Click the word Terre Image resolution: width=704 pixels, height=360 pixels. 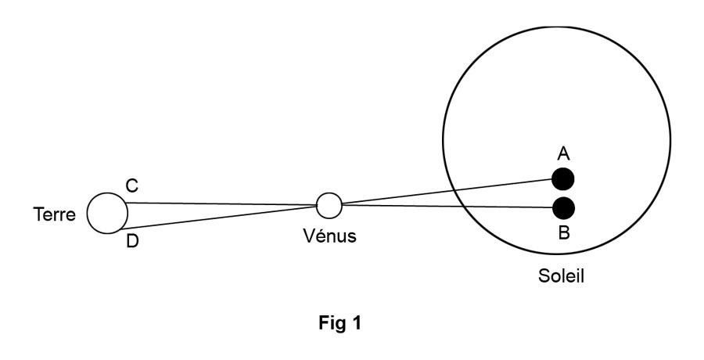point(54,214)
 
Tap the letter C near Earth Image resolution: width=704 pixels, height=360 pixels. point(132,185)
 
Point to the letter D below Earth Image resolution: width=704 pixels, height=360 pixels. point(132,242)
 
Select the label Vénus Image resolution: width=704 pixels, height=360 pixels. point(329,236)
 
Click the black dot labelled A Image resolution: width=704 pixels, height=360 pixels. point(563,179)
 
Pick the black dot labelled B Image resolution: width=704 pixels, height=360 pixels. point(563,208)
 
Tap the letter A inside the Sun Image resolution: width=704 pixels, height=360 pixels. point(563,154)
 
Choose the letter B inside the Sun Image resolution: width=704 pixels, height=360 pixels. point(564,233)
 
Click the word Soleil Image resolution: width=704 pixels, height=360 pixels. point(561,276)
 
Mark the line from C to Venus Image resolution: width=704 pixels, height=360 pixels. point(222,204)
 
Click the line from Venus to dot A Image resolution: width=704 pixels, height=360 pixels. point(447,191)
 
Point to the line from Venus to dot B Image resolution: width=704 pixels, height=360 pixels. point(447,207)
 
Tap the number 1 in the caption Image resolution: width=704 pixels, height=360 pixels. point(356,322)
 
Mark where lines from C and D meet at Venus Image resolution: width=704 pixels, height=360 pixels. point(317,206)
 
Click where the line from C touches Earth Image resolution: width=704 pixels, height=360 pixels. point(127,203)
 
